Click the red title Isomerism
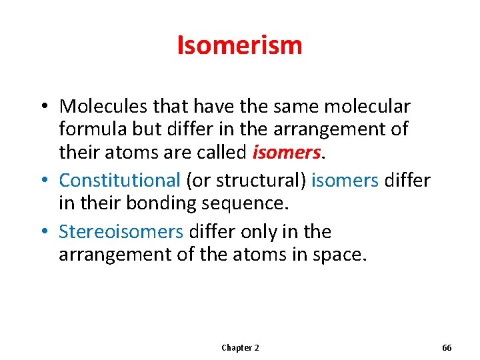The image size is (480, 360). click(x=239, y=45)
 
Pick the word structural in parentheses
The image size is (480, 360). click(x=256, y=180)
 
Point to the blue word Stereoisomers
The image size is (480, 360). click(x=121, y=231)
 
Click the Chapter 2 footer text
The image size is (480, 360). click(x=240, y=348)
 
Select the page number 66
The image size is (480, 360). click(x=447, y=348)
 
